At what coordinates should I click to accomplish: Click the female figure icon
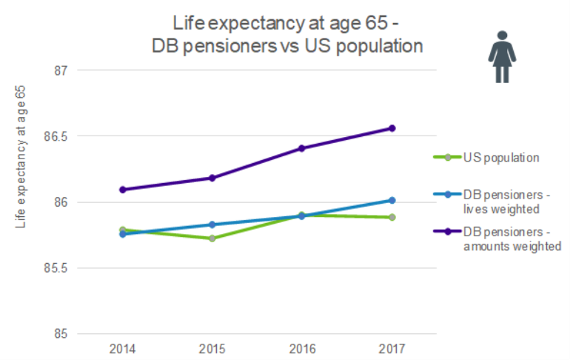click(502, 57)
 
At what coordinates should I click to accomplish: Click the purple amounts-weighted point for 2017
click(392, 128)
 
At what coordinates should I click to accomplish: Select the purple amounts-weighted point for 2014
click(122, 190)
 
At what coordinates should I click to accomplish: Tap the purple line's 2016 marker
click(302, 148)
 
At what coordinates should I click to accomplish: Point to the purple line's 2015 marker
click(212, 178)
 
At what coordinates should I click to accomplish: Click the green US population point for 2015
click(212, 239)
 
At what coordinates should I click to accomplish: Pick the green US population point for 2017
click(392, 217)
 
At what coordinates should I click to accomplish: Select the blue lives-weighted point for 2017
click(392, 200)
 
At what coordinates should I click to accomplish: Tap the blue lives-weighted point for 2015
click(212, 224)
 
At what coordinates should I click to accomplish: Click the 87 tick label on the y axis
click(60, 71)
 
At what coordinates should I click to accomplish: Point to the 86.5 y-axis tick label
click(56, 137)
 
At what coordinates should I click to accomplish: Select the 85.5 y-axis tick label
click(56, 268)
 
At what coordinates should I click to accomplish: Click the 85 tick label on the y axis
click(60, 334)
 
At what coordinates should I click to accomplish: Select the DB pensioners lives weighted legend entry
click(500, 201)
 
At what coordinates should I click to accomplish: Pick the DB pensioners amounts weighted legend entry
click(511, 239)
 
